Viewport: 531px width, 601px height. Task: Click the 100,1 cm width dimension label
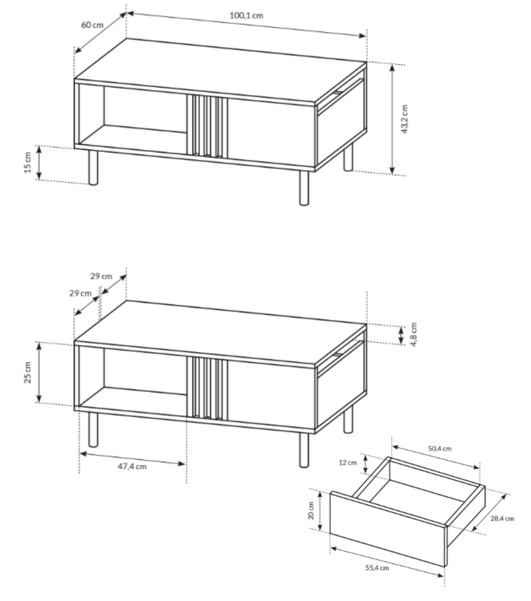(246, 16)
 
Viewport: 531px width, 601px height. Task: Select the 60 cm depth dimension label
(92, 25)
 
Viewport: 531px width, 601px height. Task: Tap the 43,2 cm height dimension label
(405, 119)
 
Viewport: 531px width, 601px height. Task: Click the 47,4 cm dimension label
(132, 466)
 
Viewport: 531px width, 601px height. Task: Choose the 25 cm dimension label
(29, 372)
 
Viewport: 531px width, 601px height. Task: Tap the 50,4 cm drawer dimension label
(440, 449)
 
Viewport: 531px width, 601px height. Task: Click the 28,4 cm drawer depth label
(502, 519)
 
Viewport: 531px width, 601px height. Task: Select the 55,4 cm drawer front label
(377, 568)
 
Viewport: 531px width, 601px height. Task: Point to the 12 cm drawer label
(348, 463)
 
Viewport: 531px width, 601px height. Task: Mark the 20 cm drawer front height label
(311, 510)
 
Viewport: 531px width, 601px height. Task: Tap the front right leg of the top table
(304, 188)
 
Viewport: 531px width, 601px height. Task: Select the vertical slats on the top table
(207, 126)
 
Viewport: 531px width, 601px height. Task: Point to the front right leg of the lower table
(304, 450)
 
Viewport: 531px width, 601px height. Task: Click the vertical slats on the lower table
(207, 388)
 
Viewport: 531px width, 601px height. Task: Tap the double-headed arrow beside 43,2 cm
(392, 119)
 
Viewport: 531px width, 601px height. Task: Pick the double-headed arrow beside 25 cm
(39, 372)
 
